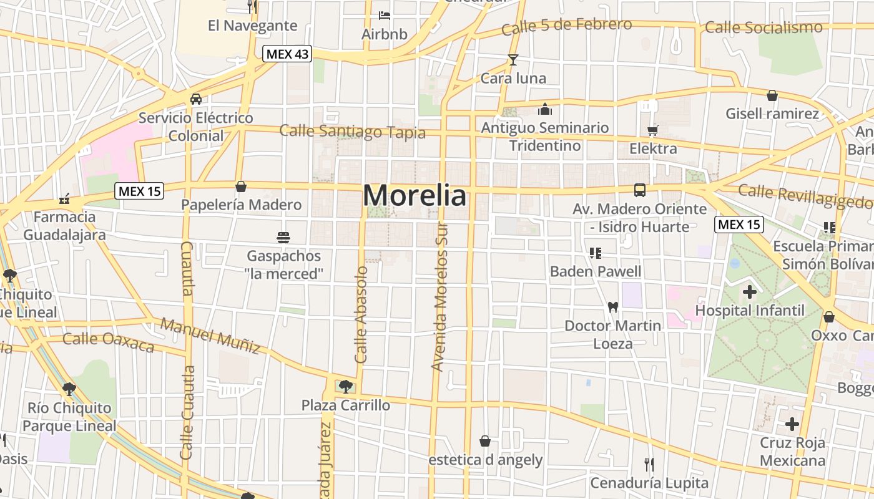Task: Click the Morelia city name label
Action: pos(414,196)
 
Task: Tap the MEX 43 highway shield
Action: pos(287,54)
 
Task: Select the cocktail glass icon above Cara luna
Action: pos(513,60)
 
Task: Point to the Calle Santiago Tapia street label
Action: pos(352,131)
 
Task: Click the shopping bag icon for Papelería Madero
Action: pos(241,187)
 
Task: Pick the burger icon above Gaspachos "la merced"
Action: pos(283,237)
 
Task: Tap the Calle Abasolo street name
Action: pos(361,315)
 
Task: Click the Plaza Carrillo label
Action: pos(345,405)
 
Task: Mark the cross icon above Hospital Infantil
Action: pos(749,291)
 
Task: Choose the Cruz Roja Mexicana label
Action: pos(792,452)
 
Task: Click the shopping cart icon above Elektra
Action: pos(653,130)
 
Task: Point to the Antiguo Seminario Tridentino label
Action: pos(545,137)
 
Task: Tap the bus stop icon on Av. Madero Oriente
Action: pos(640,190)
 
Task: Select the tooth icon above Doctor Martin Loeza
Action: pos(612,307)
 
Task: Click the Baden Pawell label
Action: pos(595,271)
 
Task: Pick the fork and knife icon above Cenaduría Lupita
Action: pos(649,465)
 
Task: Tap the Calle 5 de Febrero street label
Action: pos(566,26)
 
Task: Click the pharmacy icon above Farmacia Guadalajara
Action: pos(64,200)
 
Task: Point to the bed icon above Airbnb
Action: pos(385,15)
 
